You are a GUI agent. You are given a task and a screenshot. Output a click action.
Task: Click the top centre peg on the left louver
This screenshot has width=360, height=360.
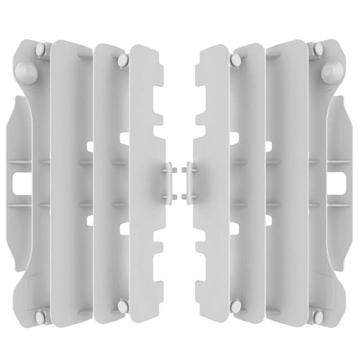point(124,58)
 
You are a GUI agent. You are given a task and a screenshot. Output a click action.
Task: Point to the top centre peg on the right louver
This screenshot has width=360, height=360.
point(236,58)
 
